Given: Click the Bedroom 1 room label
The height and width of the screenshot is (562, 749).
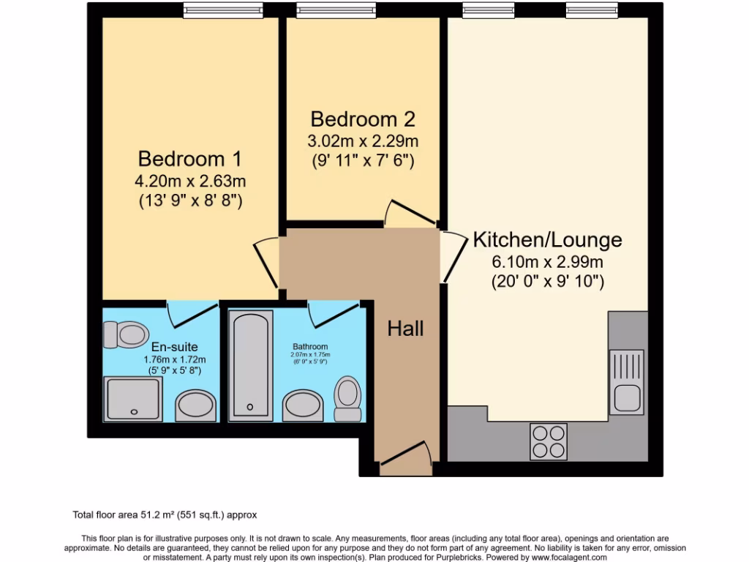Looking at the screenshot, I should pyautogui.click(x=190, y=158).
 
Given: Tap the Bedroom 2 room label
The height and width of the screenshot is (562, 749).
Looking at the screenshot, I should pyautogui.click(x=363, y=119).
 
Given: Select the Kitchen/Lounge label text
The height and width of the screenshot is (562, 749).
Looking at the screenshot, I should pyautogui.click(x=547, y=239).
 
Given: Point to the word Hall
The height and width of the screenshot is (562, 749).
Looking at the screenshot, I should pyautogui.click(x=405, y=329).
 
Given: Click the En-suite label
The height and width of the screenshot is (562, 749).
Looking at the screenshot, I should pyautogui.click(x=175, y=347).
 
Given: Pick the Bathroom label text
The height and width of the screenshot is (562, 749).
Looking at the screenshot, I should pyautogui.click(x=310, y=347).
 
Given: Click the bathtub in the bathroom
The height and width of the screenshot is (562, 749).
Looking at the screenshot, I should pyautogui.click(x=251, y=364).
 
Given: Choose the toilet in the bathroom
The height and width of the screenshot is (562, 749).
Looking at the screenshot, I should pyautogui.click(x=348, y=399).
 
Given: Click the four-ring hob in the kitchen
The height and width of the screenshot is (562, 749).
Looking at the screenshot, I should pyautogui.click(x=548, y=441).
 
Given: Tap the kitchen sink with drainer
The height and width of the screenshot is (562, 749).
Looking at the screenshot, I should pyautogui.click(x=626, y=381).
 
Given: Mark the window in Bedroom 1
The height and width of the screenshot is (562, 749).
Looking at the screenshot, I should pyautogui.click(x=222, y=10).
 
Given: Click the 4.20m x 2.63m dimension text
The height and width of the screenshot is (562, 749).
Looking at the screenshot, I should pyautogui.click(x=191, y=181).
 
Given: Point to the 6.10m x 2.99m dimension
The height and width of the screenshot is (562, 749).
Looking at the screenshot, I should pyautogui.click(x=547, y=262).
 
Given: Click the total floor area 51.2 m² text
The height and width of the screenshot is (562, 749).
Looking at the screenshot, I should pyautogui.click(x=164, y=515).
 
